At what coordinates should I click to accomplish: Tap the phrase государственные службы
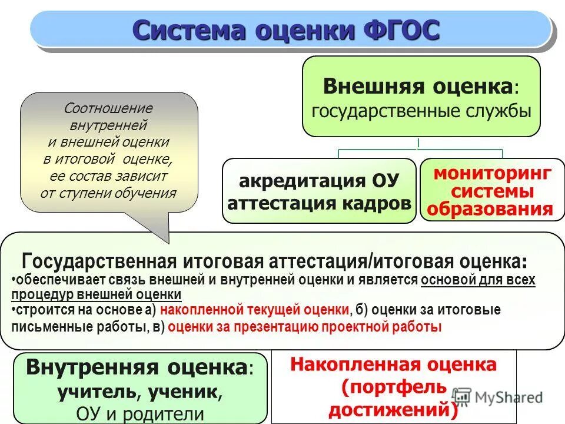point(421,110)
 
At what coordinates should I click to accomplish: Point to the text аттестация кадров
point(319,203)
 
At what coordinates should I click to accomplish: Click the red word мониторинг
point(492,174)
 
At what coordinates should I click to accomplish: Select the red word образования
point(490,210)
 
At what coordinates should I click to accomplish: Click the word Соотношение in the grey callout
point(108,108)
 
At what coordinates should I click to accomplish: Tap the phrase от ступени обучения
point(108,193)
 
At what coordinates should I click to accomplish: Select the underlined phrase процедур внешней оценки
point(97,295)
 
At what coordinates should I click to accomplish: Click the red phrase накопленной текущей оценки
point(254,310)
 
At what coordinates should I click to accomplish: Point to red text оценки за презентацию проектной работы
point(304,327)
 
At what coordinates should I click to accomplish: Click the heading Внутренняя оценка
point(135,368)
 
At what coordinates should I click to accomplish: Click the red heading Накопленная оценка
point(393,365)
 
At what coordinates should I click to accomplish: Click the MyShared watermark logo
point(498,397)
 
